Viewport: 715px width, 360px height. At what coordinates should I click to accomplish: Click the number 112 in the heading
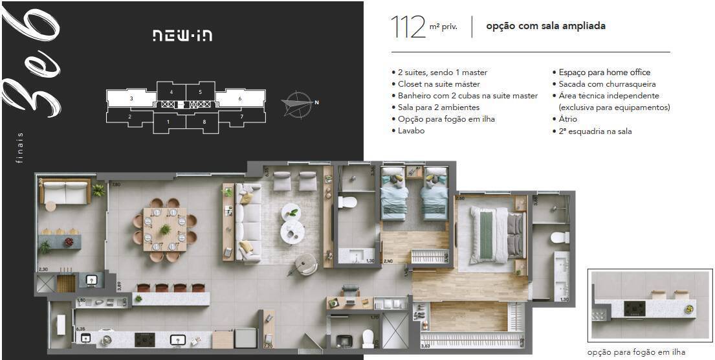click(x=408, y=27)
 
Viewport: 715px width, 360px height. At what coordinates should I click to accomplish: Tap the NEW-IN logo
click(x=182, y=35)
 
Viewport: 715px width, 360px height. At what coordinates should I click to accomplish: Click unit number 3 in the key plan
click(x=131, y=98)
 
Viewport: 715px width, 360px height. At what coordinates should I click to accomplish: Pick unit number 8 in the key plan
click(x=204, y=122)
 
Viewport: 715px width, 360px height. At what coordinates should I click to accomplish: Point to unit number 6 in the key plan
click(x=240, y=98)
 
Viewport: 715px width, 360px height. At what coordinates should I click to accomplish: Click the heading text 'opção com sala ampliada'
click(x=545, y=27)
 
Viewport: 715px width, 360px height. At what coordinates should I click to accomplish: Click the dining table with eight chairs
click(x=165, y=229)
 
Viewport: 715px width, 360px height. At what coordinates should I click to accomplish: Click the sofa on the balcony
click(x=67, y=192)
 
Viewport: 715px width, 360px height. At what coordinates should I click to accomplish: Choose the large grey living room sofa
click(x=248, y=223)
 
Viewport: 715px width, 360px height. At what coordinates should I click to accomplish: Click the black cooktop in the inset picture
click(x=635, y=309)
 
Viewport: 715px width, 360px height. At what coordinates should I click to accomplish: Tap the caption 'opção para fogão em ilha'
click(x=635, y=352)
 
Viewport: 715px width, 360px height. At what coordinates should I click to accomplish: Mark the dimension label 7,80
click(x=116, y=185)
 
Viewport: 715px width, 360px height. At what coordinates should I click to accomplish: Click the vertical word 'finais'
click(x=20, y=147)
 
